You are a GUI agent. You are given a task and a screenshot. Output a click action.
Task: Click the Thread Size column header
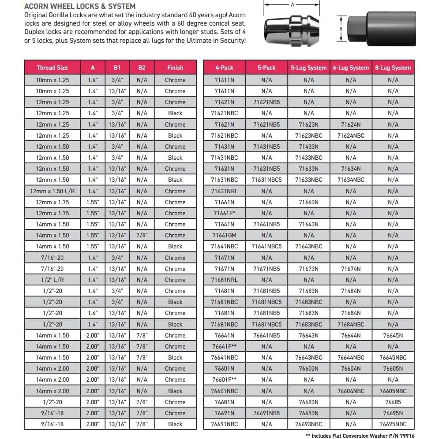point(52,68)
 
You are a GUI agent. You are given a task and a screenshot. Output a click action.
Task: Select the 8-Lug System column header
point(393,68)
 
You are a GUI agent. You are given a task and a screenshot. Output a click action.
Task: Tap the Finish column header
point(175,68)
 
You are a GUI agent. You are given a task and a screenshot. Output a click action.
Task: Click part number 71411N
point(224,80)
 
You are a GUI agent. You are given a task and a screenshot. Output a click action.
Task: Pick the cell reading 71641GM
point(224,235)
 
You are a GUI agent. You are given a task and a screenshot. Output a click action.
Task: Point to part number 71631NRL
point(224,191)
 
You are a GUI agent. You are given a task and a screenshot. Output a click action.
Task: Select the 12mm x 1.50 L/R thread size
point(52,191)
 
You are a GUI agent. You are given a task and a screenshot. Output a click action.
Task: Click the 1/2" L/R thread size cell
point(52,280)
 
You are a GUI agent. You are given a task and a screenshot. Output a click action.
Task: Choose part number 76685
point(393,402)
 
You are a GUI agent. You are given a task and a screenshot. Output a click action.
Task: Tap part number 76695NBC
point(393,424)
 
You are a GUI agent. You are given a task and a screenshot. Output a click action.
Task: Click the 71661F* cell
point(224,213)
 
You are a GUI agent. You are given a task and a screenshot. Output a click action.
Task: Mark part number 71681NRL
point(224,280)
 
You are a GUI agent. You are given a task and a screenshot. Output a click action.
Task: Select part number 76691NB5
point(266,413)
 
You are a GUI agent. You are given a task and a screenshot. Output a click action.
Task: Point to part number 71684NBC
point(351,324)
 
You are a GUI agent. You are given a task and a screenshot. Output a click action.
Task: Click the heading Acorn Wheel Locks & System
point(80,6)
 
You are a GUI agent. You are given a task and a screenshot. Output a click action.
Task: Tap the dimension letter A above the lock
point(292,4)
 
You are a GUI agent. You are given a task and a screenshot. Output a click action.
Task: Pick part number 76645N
point(393,335)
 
